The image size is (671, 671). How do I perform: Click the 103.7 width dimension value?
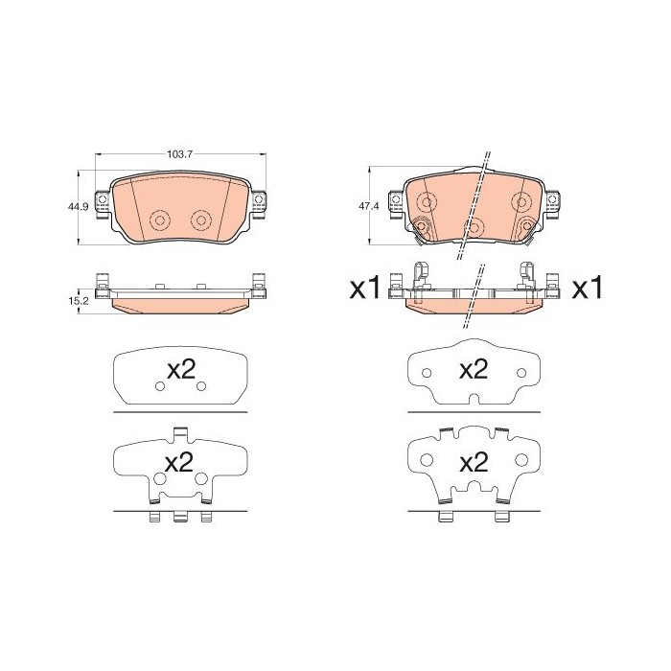click(x=180, y=154)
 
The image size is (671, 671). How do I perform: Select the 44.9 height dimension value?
click(x=78, y=207)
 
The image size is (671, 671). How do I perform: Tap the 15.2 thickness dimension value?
click(x=79, y=301)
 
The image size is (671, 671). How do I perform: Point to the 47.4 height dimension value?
click(x=369, y=206)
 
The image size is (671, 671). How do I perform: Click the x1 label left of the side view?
click(x=365, y=288)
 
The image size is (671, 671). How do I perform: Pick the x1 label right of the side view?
click(x=587, y=288)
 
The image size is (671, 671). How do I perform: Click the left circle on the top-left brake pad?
click(x=160, y=220)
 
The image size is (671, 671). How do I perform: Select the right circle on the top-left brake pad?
click(x=200, y=220)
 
